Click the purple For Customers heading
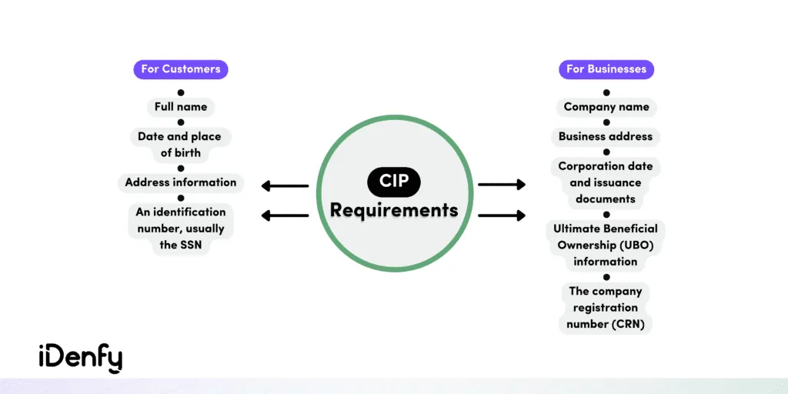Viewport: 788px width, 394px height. [x=181, y=69]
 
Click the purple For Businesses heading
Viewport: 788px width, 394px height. [x=606, y=69]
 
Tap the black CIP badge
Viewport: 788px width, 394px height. [x=393, y=182]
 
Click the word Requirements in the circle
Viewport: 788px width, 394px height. [x=393, y=209]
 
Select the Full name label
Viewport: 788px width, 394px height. [x=181, y=107]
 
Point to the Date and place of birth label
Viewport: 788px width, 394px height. [x=181, y=145]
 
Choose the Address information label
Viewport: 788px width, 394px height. [x=181, y=182]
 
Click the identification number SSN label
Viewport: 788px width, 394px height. [x=181, y=228]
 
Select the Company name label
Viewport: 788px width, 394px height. [x=606, y=107]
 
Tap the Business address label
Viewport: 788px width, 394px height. [x=606, y=137]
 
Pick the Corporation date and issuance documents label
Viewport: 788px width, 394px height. [x=606, y=182]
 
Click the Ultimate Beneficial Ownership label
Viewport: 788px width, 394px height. [x=606, y=245]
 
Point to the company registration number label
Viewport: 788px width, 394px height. [x=606, y=308]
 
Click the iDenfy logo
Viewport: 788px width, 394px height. [x=80, y=358]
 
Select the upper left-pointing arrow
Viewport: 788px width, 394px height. [x=285, y=185]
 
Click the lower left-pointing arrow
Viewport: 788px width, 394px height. [x=285, y=215]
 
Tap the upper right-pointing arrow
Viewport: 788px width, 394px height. [x=502, y=185]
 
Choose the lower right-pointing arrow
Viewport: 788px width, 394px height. [x=502, y=215]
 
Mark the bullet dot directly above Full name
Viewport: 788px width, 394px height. [x=181, y=92]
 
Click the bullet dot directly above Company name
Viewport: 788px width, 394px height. [x=606, y=92]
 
